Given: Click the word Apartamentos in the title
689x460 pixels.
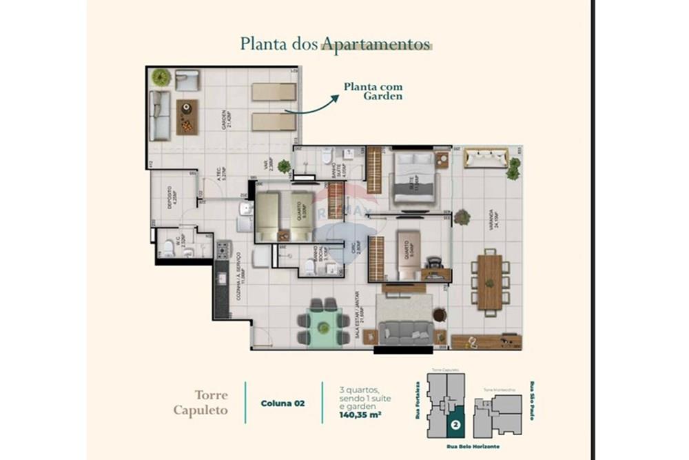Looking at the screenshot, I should (x=376, y=44).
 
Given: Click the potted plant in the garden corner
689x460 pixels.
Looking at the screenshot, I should (x=161, y=77).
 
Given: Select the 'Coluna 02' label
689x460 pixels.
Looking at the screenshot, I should (x=282, y=403).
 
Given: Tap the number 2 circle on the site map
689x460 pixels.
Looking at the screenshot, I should (x=455, y=426).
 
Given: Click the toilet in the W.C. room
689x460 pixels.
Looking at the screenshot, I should (x=168, y=249).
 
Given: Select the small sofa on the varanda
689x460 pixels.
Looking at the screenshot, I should (x=486, y=158).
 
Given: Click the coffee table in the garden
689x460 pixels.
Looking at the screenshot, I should (x=187, y=117).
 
